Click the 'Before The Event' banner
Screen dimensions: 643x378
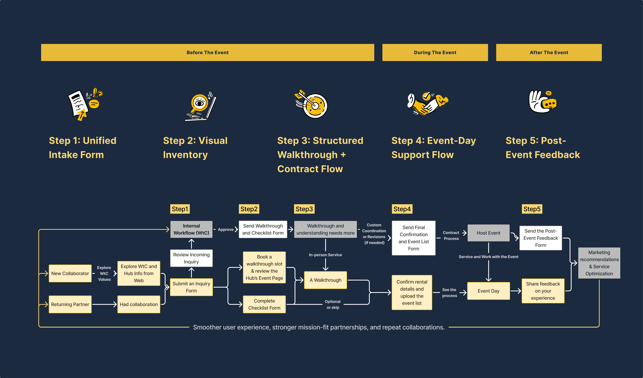[x=207, y=52]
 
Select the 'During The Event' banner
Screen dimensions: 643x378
[x=435, y=52]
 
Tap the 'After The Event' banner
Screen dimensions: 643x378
[x=549, y=52]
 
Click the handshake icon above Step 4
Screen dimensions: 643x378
[x=428, y=103]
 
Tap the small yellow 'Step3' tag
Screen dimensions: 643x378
[x=304, y=209]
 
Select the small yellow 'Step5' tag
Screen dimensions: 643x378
[x=532, y=209]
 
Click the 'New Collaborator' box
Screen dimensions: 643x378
[x=70, y=273]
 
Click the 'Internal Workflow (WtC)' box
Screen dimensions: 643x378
[x=191, y=229]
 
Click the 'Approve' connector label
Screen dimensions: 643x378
[x=226, y=230]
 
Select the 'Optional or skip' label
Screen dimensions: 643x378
[x=333, y=304]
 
